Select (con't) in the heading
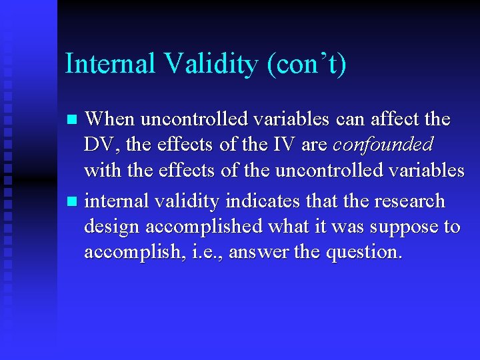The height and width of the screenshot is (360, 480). coord(306,65)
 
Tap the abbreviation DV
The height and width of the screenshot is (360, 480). coord(97,145)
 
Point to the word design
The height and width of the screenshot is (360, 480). coord(112,227)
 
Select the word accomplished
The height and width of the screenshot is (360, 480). coord(204,227)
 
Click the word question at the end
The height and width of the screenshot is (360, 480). coord(367,253)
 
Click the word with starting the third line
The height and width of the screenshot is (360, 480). coord(100,170)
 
